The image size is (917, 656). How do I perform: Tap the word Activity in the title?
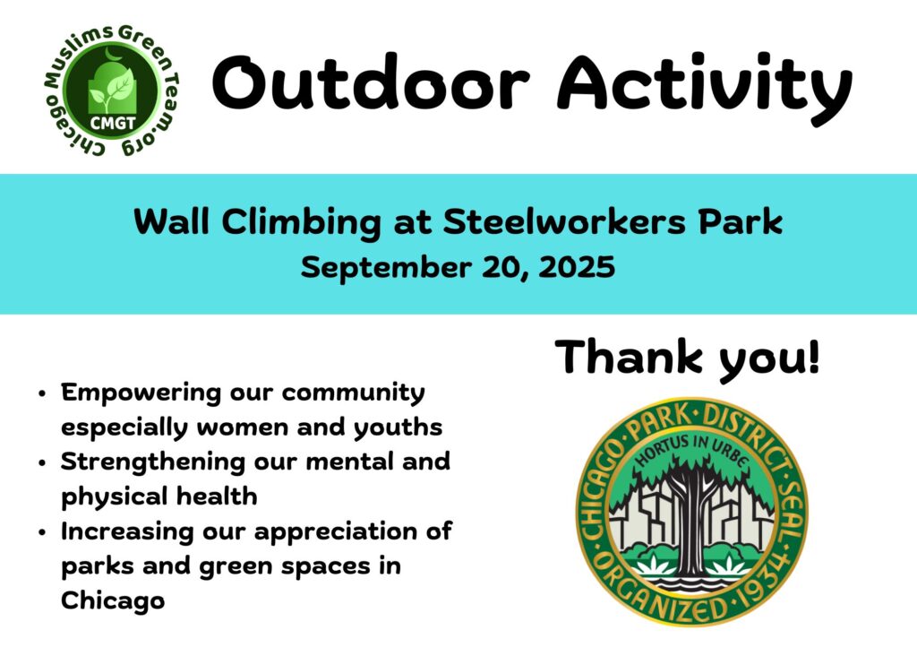[x=705, y=89]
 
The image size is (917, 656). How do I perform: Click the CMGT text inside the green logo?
[x=112, y=123]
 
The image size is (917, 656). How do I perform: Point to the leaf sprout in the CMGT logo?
[x=115, y=88]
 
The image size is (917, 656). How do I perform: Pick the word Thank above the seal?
[x=629, y=357]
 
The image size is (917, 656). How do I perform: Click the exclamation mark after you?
[x=813, y=357]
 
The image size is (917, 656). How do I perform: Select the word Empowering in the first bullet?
[x=141, y=393]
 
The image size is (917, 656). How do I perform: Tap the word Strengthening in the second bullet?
[x=153, y=462]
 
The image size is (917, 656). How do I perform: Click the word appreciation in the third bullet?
[x=346, y=532]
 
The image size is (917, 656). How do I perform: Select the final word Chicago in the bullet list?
[x=112, y=601]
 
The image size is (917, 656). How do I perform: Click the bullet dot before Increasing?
[x=41, y=533]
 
